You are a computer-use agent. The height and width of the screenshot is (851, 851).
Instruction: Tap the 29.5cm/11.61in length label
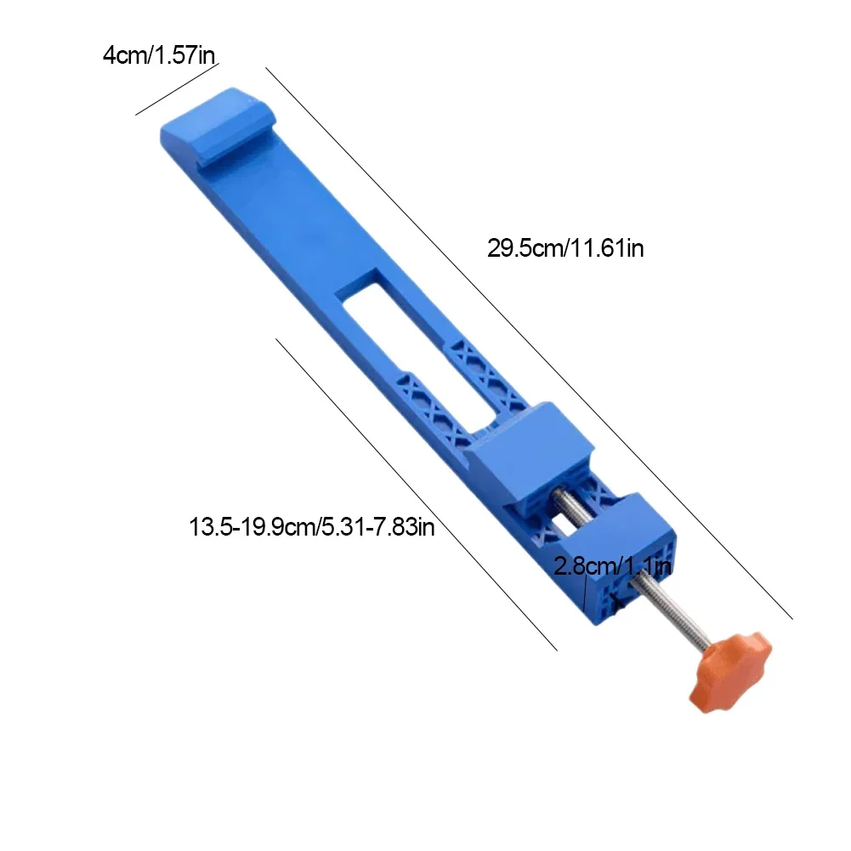click(565, 248)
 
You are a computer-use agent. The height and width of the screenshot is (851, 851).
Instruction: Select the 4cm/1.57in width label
click(160, 56)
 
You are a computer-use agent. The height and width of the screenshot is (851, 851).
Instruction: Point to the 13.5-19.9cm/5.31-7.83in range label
click(312, 527)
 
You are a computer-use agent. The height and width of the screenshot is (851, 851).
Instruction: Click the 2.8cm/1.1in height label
click(613, 565)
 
